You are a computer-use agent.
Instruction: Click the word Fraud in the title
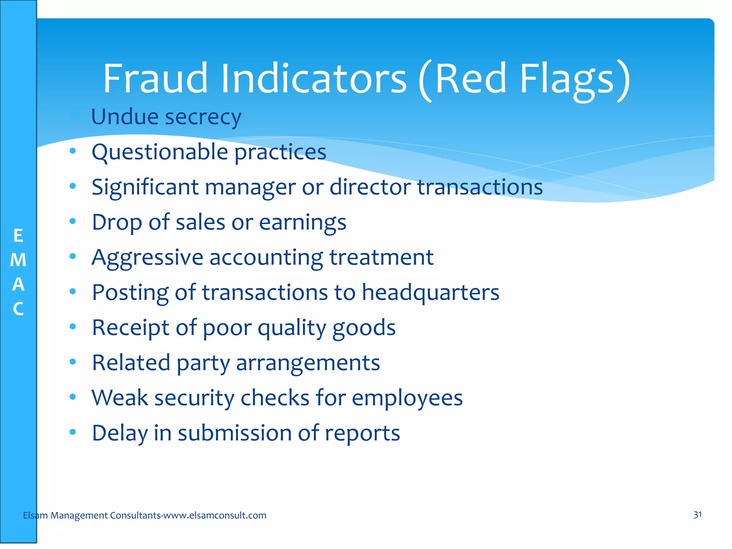coord(155,78)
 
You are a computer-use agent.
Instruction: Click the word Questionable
coord(159,152)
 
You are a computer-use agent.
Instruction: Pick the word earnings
coord(302,223)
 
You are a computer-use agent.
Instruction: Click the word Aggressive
coord(147,258)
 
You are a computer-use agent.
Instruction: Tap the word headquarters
coord(430,292)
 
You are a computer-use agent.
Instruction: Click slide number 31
coord(697,515)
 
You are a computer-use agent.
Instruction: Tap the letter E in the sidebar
coord(18,236)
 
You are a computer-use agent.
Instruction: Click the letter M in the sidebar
coord(18,260)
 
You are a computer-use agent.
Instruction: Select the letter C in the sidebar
coord(18,309)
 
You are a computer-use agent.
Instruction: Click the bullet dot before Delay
coord(73,432)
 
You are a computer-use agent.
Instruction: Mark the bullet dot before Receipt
coord(73,327)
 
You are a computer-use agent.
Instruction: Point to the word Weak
coord(119,398)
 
